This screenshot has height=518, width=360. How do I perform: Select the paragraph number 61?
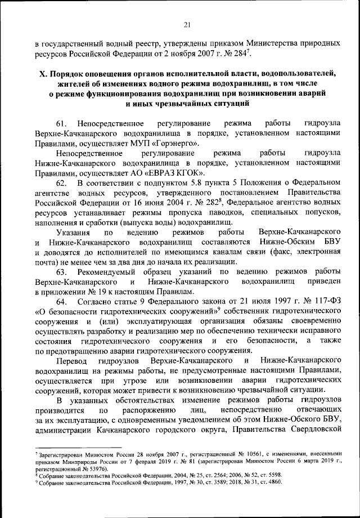pos(62,123)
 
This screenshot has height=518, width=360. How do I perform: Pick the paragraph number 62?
pos(62,184)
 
